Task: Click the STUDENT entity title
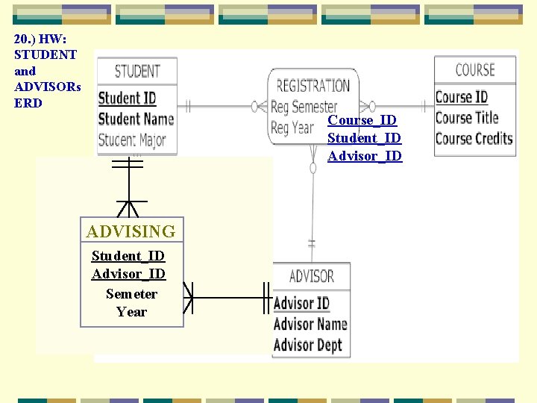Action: point(137,72)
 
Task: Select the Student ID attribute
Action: point(127,98)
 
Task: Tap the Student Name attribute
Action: point(136,119)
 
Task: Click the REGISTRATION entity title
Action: point(313,86)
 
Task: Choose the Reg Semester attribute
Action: point(304,107)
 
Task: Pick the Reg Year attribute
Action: point(292,128)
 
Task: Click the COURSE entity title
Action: point(475,70)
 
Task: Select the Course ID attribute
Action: point(461,97)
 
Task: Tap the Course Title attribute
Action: point(467,117)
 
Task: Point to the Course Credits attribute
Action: point(474,138)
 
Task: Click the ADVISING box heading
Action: point(131,231)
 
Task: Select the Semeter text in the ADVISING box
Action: point(131,293)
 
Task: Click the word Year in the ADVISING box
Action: point(131,311)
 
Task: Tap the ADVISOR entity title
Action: point(311,276)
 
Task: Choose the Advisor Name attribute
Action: point(310,324)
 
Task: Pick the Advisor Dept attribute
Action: point(307,345)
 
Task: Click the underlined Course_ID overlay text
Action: point(362,119)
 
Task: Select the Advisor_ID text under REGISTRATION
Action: point(365,155)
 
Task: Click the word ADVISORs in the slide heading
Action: point(48,87)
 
